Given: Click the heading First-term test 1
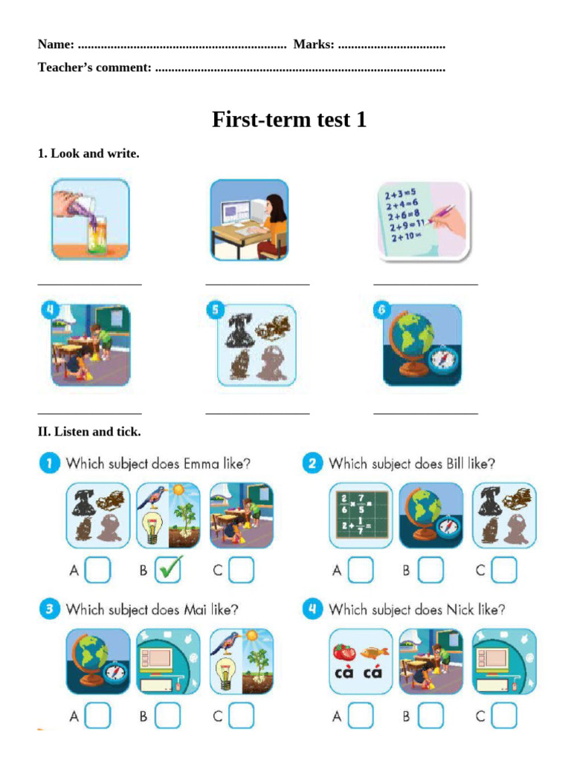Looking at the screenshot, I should point(289,120).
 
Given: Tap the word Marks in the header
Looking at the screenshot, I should point(313,45).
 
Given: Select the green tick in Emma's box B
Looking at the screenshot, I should point(169,569).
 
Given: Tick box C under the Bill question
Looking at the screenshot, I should point(503,570).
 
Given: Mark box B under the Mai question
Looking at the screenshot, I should point(169,716).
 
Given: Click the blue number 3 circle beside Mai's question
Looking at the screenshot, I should point(49,609).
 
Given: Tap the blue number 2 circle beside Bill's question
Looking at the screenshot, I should point(312,464).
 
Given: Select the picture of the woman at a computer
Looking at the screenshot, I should point(249,219).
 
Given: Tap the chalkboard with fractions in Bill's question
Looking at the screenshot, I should point(361,515).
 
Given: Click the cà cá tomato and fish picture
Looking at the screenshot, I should point(361,661).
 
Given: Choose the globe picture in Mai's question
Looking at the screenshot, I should point(98,661).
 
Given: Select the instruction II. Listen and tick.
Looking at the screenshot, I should point(89,431).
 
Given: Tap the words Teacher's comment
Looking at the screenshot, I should point(94,68).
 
